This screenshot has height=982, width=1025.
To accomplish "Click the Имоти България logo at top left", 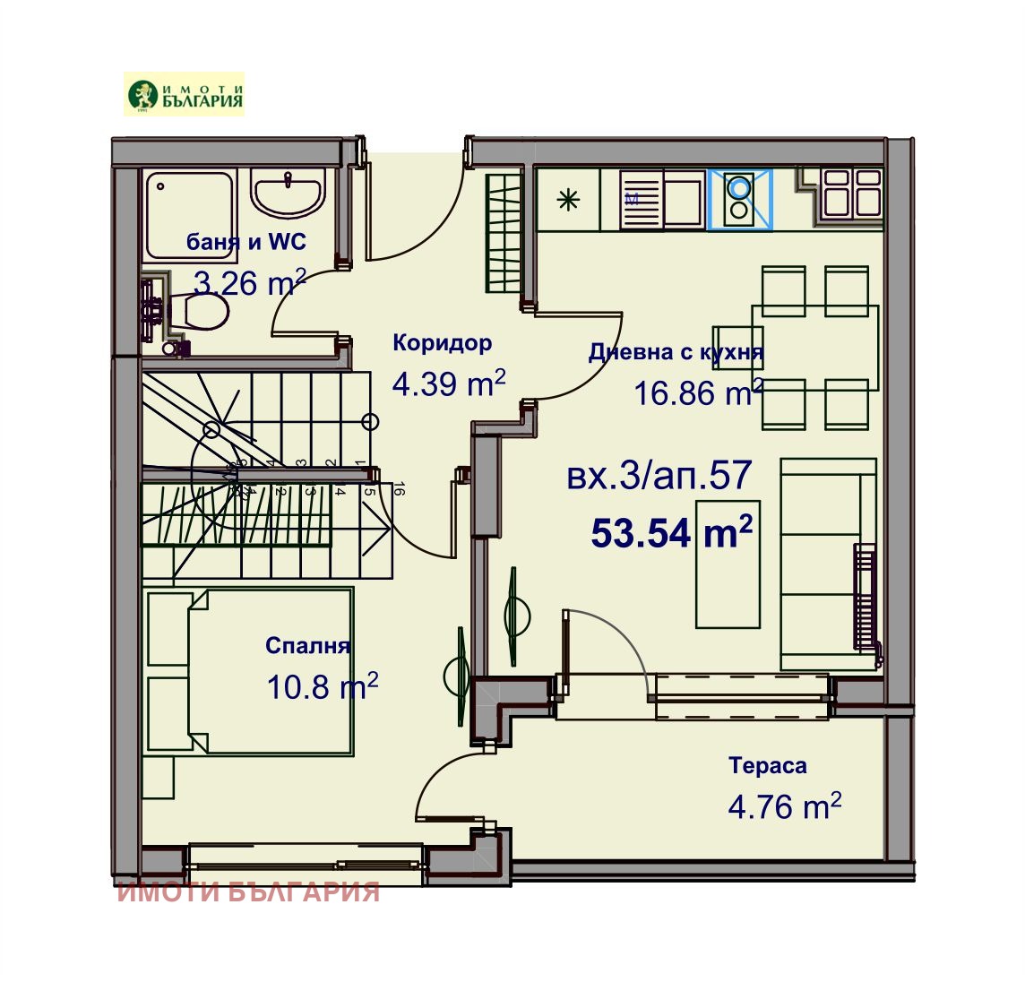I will coord(184,95).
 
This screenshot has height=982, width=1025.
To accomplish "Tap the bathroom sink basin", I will coord(289,193).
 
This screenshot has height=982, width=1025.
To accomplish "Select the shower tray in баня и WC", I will coord(189,214).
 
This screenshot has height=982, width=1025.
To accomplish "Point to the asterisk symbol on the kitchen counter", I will coord(568,201).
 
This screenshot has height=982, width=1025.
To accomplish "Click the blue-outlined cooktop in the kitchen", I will coord(739,199).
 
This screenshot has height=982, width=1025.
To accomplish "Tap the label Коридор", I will coord(442,343).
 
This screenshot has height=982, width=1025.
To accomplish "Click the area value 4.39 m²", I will coord(449,383).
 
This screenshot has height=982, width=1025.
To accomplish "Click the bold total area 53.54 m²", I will coord(671,533).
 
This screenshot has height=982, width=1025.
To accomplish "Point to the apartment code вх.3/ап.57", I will coord(659,476).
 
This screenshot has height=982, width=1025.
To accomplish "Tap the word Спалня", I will coord(307,646).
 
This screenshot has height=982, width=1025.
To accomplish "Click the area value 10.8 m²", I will coord(322,687).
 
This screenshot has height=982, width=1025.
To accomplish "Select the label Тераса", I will coord(767,766).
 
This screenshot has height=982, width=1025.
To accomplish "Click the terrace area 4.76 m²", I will coord(784,806).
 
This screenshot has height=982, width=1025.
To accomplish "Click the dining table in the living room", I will coord(814,347).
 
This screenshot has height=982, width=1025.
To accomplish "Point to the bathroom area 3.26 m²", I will coord(250,284).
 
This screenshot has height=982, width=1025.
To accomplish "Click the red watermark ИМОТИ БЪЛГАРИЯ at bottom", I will coord(249,892).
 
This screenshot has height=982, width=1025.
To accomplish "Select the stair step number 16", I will coord(400,489).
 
